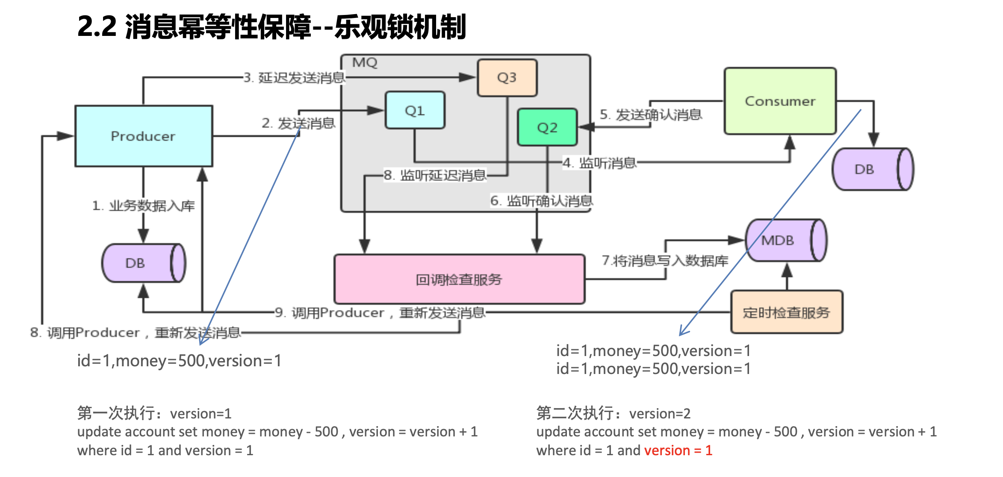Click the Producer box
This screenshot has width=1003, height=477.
tap(143, 136)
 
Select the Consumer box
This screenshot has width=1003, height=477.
tap(780, 101)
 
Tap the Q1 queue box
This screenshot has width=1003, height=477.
tap(415, 111)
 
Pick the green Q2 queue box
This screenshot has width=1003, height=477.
tap(547, 128)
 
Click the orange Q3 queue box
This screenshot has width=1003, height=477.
tap(507, 78)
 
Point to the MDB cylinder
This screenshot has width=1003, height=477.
tap(778, 240)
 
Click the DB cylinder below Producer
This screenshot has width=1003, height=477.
tap(136, 263)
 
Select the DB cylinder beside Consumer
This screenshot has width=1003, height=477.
tap(864, 169)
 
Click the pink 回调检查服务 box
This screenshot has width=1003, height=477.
tap(459, 280)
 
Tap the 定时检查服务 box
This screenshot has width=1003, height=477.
tap(786, 312)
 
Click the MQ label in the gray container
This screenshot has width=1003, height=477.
tap(365, 63)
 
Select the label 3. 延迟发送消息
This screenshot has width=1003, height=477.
tap(294, 78)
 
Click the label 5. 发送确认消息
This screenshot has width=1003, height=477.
tap(651, 115)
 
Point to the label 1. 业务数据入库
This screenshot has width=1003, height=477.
tap(144, 206)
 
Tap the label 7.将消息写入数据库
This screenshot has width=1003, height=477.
tap(665, 261)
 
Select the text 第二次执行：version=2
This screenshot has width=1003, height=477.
tap(613, 413)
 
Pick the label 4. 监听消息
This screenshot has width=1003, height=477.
tap(599, 163)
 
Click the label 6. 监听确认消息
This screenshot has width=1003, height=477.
tap(541, 201)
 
